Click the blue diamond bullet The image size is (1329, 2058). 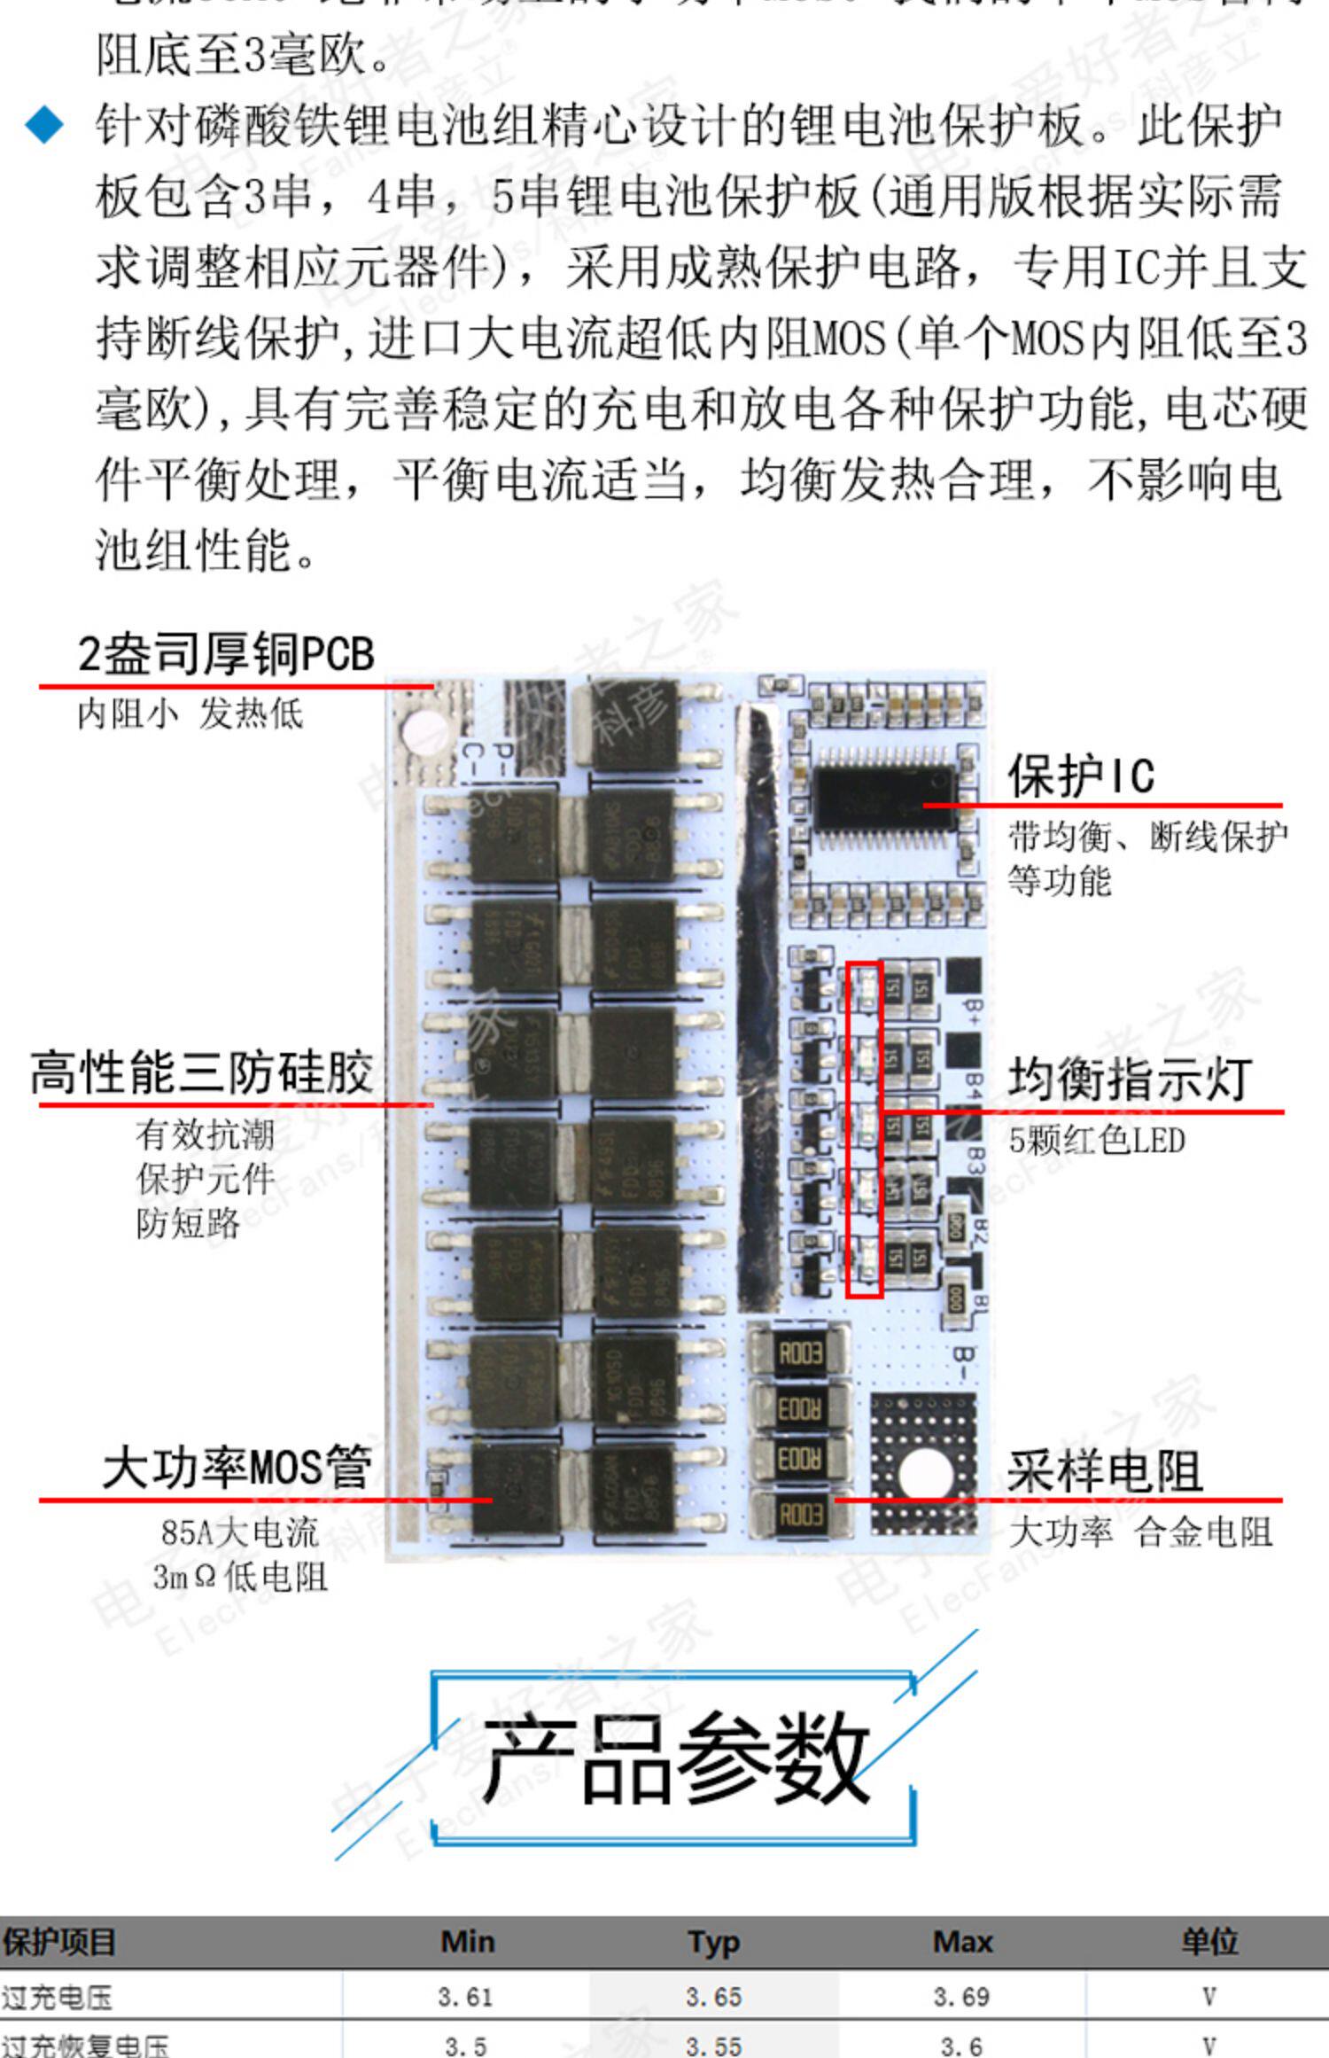pyautogui.click(x=44, y=125)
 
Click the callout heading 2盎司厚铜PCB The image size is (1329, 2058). pyautogui.click(x=226, y=654)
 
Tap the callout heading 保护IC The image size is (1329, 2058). pyautogui.click(x=1081, y=776)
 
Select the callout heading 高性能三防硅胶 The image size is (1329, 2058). pyautogui.click(x=202, y=1072)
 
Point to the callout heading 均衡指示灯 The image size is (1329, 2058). pyautogui.click(x=1130, y=1079)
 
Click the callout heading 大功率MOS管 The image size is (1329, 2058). pyautogui.click(x=237, y=1467)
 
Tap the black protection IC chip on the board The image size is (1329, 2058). pyautogui.click(x=884, y=797)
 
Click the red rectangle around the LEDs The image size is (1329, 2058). pyautogui.click(x=864, y=1129)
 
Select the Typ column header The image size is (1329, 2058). pyautogui.click(x=713, y=1942)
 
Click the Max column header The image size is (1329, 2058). pyautogui.click(x=962, y=1942)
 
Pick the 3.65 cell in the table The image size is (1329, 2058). pyautogui.click(x=713, y=1997)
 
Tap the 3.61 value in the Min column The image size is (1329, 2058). pyautogui.click(x=465, y=1997)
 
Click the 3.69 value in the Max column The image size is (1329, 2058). pyautogui.click(x=961, y=1997)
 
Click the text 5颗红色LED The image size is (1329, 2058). pyautogui.click(x=1097, y=1141)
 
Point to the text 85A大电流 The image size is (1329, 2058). pyautogui.click(x=239, y=1532)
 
